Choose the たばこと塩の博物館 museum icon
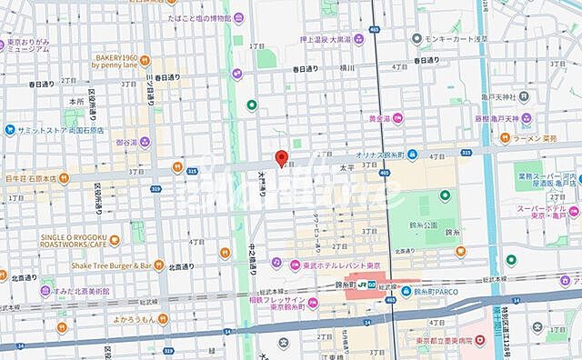[x=238, y=16]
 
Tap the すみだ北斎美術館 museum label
[x=66, y=291]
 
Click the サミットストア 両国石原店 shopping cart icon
[x=9, y=129]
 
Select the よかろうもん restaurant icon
[x=162, y=319]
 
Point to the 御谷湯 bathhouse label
[x=125, y=142]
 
